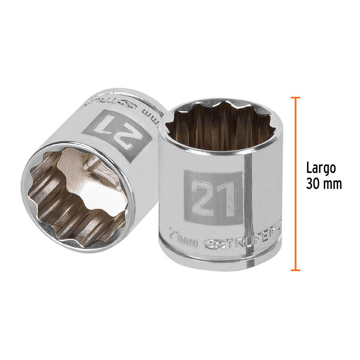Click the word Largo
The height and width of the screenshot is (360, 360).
[x=321, y=168]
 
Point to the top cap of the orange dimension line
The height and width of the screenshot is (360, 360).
[x=296, y=98]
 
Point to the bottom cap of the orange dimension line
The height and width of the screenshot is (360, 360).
[x=296, y=270]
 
